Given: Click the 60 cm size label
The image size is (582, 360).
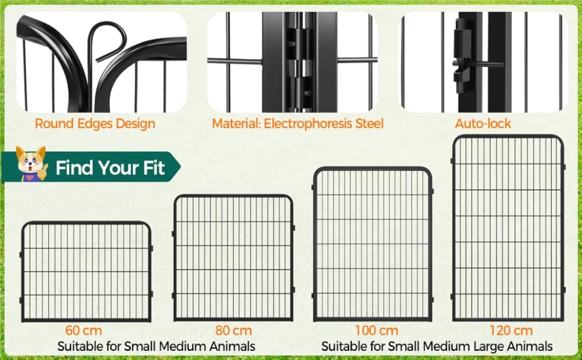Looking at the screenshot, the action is point(83,330).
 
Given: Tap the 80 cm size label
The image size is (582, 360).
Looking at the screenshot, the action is point(233,330).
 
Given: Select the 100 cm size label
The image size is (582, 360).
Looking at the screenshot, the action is point(377,330).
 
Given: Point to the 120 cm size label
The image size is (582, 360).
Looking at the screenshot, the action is point(511,330).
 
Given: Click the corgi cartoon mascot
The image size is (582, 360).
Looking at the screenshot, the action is point(31,164).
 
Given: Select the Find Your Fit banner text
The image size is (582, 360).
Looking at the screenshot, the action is point(110,168).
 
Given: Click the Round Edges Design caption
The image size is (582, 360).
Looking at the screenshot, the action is point(95,124).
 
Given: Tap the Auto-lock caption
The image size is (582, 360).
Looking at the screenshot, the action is point(483,124).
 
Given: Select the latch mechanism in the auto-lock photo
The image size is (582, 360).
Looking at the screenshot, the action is point(463,56).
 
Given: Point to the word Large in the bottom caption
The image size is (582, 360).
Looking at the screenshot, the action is point(489,347).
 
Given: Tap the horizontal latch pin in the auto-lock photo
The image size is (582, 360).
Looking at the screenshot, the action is point(479,64).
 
